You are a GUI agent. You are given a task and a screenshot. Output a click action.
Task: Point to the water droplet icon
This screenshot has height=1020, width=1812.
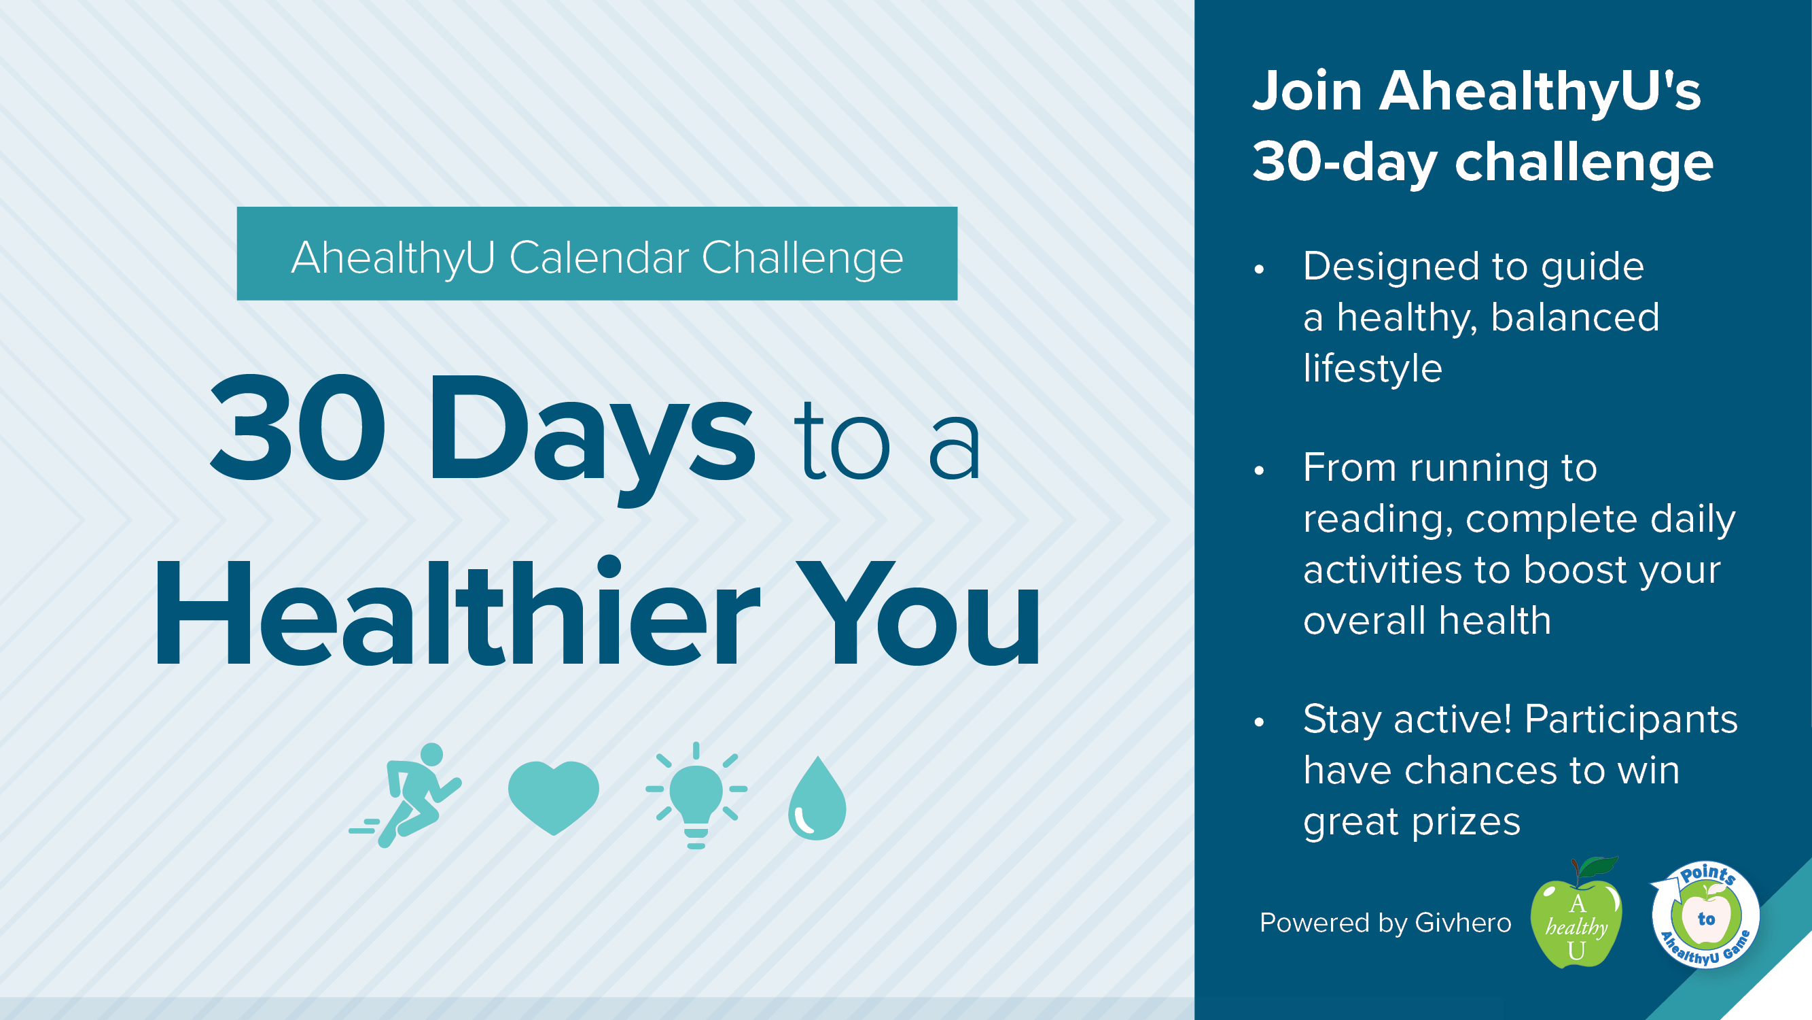pos(817,799)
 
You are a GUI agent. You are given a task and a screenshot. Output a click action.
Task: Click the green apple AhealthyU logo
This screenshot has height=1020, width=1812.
pos(1576,914)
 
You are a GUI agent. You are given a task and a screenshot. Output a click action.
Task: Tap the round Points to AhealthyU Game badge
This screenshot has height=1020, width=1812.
pos(1705,915)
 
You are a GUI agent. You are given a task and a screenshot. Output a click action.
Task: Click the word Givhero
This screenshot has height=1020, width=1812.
pos(1463,922)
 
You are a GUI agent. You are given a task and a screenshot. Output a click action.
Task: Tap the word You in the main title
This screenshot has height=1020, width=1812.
pos(918,613)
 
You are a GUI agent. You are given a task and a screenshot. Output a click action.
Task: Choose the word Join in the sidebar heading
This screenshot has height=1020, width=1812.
pos(1308,91)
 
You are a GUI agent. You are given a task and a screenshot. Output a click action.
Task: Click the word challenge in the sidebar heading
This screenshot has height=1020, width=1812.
pos(1584,161)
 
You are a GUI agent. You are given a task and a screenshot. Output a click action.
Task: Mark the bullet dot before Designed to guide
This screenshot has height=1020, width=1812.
pos(1259,269)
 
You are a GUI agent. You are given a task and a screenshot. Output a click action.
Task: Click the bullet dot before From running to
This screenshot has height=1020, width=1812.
pos(1259,471)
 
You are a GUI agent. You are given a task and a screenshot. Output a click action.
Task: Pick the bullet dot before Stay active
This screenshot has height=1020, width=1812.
pos(1259,721)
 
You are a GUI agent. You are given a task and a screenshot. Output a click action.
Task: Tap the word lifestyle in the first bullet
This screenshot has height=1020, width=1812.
pos(1372,368)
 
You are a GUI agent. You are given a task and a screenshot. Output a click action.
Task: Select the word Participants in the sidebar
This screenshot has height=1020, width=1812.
pos(1631,720)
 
